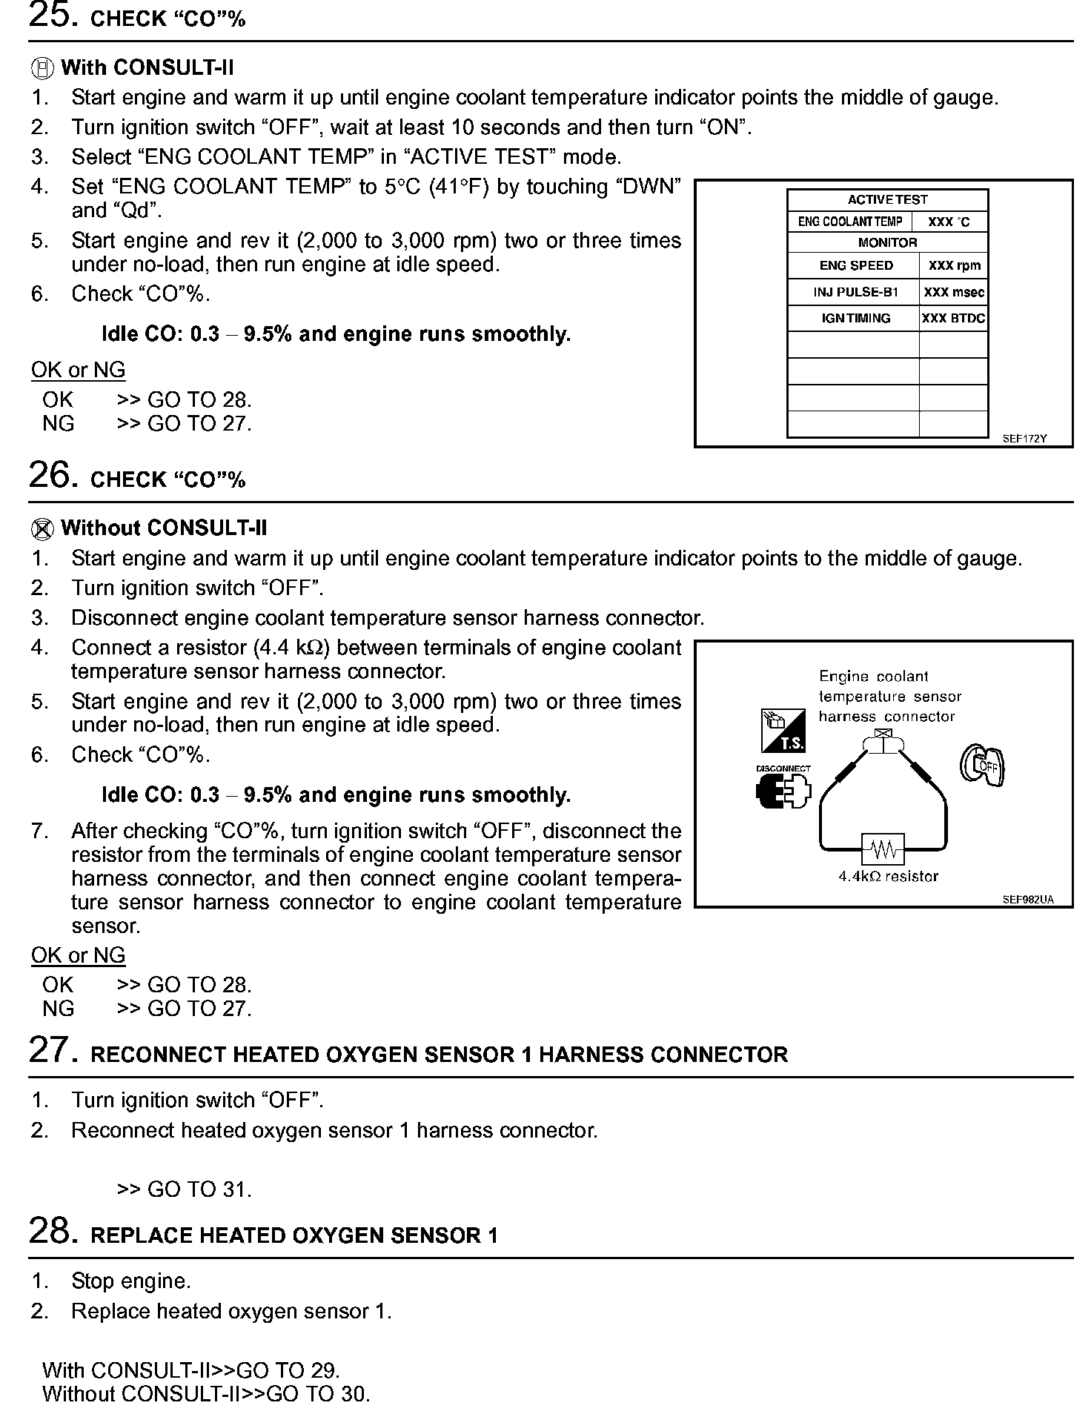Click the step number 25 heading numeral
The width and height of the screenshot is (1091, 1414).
point(52,15)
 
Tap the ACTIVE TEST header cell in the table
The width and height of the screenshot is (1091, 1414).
point(887,200)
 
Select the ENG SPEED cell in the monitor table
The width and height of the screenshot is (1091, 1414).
point(855,265)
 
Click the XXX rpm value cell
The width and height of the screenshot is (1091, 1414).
point(954,265)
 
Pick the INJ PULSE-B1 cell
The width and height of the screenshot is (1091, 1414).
point(855,292)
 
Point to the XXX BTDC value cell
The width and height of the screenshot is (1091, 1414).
point(953,319)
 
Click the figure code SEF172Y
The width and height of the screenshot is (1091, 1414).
point(1024,439)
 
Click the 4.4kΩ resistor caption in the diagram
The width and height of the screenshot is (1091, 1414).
point(888,877)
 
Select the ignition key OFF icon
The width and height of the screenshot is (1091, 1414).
point(983,766)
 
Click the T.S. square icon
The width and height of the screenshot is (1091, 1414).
point(783,730)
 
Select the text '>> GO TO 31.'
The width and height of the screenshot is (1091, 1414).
point(184,1190)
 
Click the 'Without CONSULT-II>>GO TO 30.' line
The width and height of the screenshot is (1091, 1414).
point(206,1394)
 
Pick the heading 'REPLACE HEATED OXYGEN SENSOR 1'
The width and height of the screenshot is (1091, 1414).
point(294,1235)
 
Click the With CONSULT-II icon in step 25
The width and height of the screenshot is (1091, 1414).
point(42,69)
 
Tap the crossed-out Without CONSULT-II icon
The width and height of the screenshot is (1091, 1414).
point(42,529)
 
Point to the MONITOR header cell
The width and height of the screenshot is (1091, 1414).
point(887,242)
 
